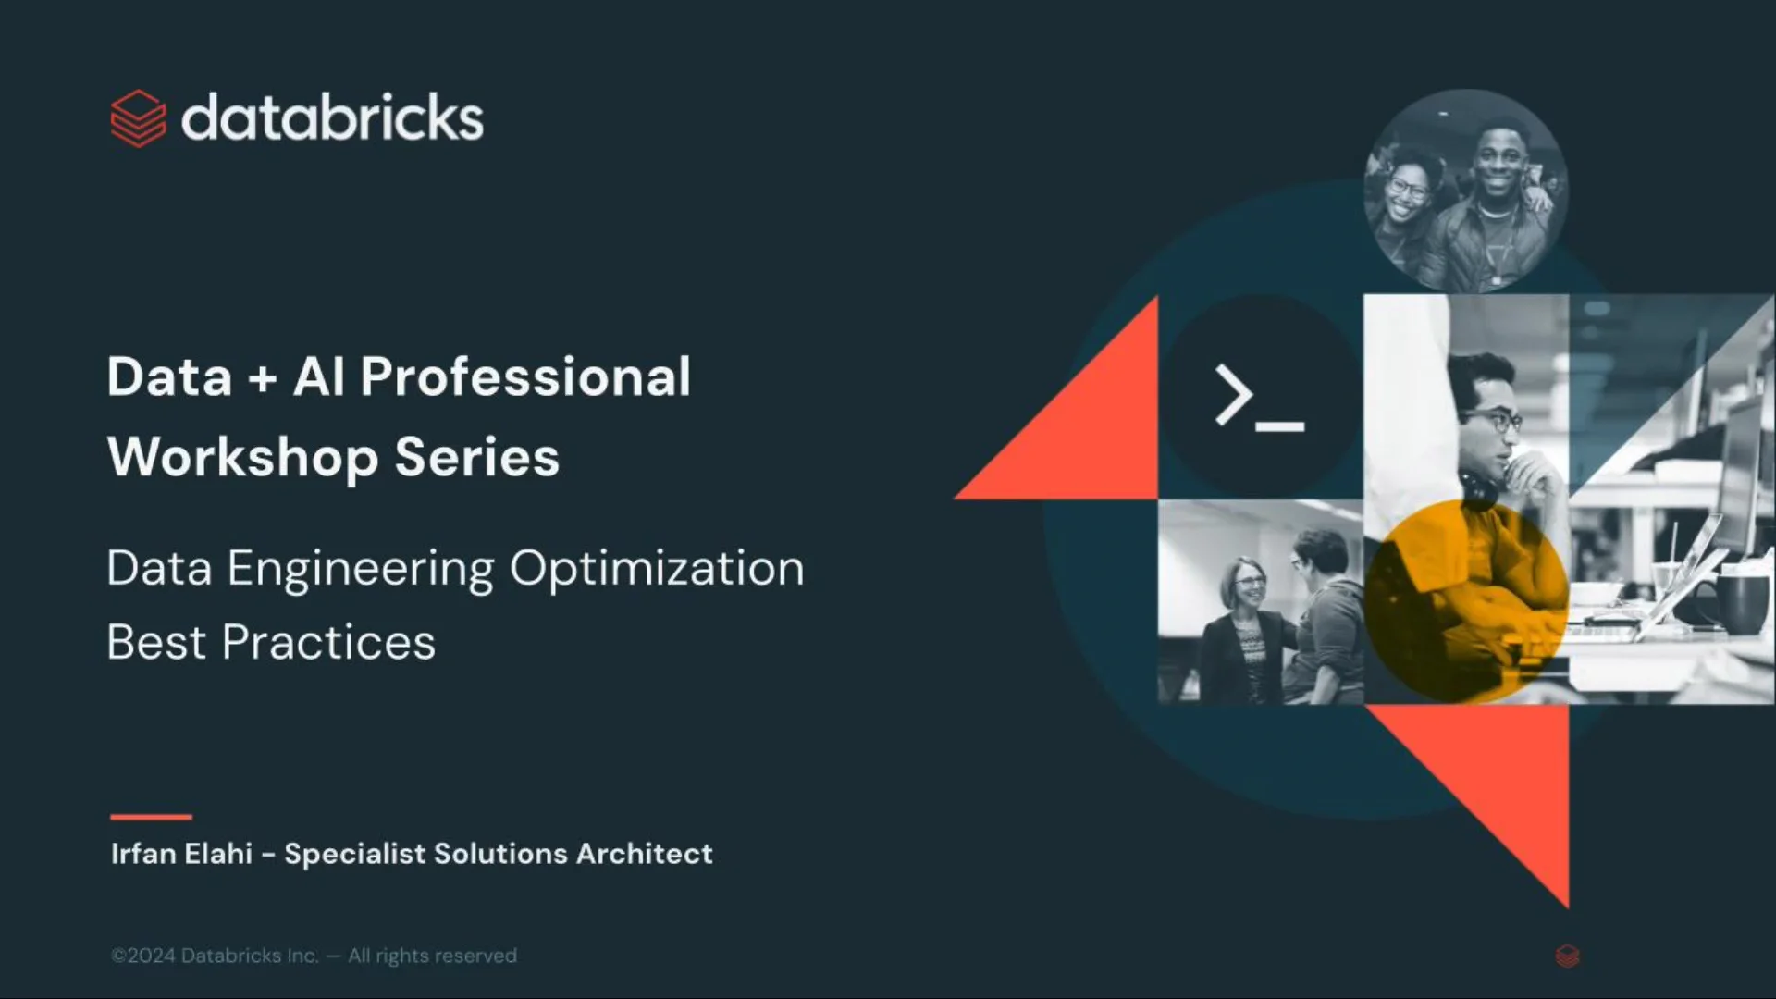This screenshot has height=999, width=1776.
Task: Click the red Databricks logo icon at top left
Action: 139,118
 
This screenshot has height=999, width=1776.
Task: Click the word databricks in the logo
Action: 332,118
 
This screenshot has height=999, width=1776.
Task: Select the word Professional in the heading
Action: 525,377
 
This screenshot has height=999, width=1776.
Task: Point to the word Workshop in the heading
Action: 242,458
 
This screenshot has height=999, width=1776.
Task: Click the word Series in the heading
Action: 477,457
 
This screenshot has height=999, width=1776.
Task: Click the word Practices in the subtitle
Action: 328,643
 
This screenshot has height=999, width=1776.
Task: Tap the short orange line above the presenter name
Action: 151,817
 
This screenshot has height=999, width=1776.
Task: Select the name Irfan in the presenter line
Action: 143,853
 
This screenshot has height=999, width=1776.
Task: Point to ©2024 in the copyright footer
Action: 143,956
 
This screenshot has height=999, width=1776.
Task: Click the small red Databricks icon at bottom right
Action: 1567,956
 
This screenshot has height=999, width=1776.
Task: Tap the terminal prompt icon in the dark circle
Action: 1259,398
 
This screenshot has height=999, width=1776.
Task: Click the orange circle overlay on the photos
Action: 1466,601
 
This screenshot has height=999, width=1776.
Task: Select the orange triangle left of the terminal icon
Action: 1091,435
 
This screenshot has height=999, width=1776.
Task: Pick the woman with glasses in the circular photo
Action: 1406,194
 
